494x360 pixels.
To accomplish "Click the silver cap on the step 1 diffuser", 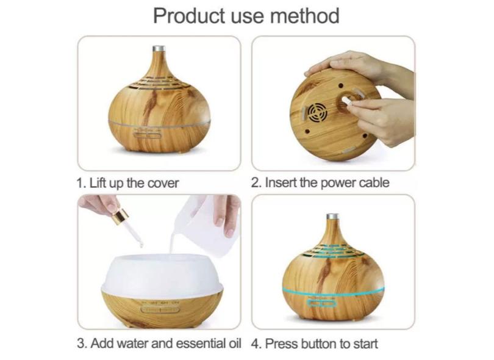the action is [x=159, y=49].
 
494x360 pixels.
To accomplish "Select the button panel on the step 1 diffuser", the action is [x=148, y=136].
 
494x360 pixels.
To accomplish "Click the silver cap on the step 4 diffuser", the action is [x=332, y=217].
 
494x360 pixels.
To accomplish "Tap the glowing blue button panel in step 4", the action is [x=322, y=304].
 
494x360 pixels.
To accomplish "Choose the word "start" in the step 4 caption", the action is [x=365, y=344].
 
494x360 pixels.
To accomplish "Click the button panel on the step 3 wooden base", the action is [x=160, y=309].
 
